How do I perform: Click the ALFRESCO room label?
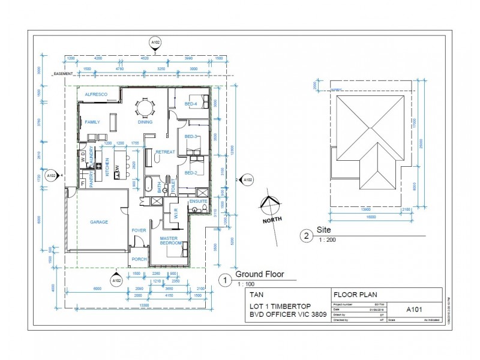tap(95, 95)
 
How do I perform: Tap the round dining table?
tap(145, 108)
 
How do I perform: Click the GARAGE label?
tap(99, 222)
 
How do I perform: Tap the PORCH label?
tap(139, 259)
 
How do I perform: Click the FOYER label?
tap(139, 230)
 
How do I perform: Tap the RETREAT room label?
tap(165, 152)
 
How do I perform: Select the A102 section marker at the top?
tap(155, 43)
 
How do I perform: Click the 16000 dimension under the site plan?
tap(371, 217)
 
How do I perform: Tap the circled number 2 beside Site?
tap(307, 236)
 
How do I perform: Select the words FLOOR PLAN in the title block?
tap(353, 295)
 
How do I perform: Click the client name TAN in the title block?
tap(256, 295)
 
